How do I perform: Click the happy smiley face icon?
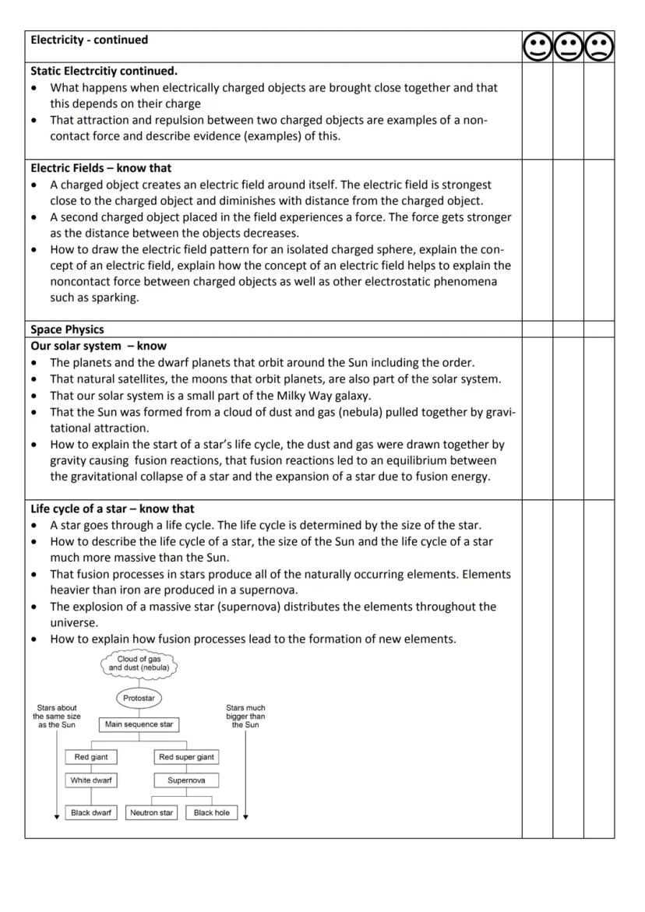(x=537, y=48)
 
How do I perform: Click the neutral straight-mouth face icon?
(x=568, y=48)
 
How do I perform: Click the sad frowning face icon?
(x=599, y=48)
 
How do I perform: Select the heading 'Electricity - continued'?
(x=90, y=40)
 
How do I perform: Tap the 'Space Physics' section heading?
(x=67, y=329)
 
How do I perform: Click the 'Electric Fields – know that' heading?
(x=101, y=168)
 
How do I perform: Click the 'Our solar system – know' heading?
(x=98, y=346)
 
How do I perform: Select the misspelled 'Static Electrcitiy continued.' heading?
(x=104, y=71)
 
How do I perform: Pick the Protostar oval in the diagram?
(x=139, y=698)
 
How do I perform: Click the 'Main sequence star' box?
(x=139, y=724)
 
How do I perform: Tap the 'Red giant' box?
(x=91, y=757)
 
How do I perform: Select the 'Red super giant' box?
(x=186, y=757)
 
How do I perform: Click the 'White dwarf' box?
(x=91, y=780)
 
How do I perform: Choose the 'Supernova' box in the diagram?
(x=186, y=780)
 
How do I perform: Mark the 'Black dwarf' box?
(x=91, y=813)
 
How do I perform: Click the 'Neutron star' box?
(x=151, y=813)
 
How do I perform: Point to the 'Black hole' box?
(x=211, y=813)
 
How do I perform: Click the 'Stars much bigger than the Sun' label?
(x=245, y=717)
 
